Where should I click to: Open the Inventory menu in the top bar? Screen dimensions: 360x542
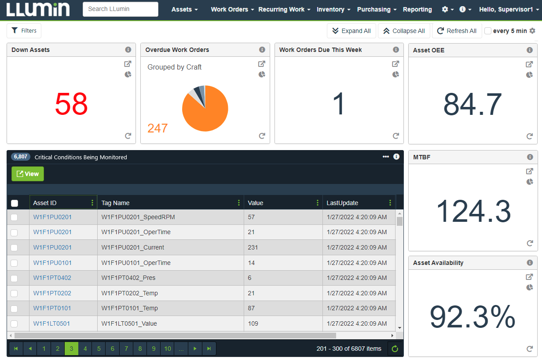pyautogui.click(x=333, y=9)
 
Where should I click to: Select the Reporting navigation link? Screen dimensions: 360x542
pyautogui.click(x=417, y=9)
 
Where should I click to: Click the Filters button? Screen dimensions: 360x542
pyautogui.click(x=24, y=31)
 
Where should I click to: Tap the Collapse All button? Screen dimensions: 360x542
pyautogui.click(x=404, y=31)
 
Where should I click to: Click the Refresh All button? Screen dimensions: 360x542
pyautogui.click(x=457, y=31)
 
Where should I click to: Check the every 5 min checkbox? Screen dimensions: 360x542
pyautogui.click(x=488, y=31)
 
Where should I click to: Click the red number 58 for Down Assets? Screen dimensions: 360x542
pyautogui.click(x=71, y=104)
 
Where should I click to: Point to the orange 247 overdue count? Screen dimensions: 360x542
pyautogui.click(x=157, y=128)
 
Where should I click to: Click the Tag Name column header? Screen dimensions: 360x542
pyautogui.click(x=116, y=203)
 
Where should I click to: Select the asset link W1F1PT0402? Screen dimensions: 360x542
pyautogui.click(x=52, y=278)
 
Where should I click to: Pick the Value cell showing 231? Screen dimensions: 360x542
pyautogui.click(x=253, y=247)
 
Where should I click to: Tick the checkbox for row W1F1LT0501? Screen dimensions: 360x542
pyautogui.click(x=14, y=323)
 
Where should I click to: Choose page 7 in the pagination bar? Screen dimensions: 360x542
pyautogui.click(x=126, y=349)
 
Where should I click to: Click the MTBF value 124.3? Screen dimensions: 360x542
pyautogui.click(x=473, y=211)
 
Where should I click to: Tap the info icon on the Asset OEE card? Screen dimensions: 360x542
pyautogui.click(x=530, y=50)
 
